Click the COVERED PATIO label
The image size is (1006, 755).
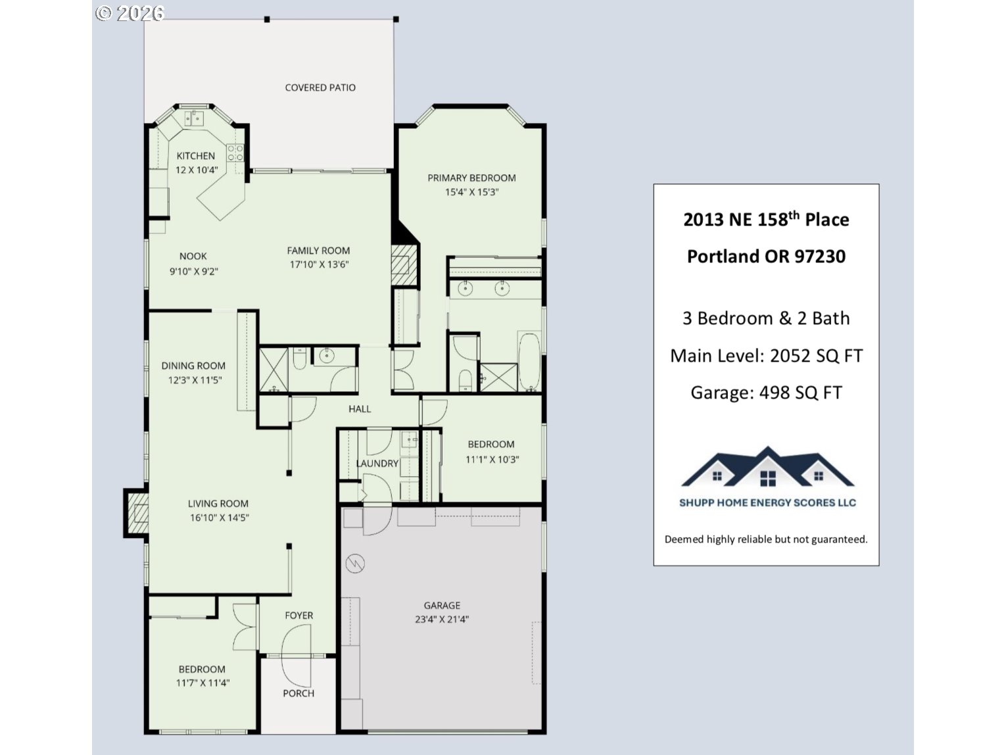[x=320, y=87]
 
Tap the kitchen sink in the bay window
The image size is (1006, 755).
[x=194, y=118]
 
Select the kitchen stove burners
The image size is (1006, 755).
[x=235, y=153]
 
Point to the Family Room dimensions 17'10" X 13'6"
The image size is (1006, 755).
[x=319, y=265]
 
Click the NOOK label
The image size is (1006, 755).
[x=193, y=256]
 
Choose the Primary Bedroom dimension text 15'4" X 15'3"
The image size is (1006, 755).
[x=471, y=193]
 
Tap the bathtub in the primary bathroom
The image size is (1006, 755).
[x=529, y=362]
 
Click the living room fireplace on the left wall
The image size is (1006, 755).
[x=137, y=513]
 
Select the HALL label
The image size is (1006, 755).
[x=360, y=409]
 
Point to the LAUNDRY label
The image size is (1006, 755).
[x=377, y=464]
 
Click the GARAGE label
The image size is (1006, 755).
[x=442, y=605]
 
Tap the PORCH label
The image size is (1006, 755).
[x=299, y=693]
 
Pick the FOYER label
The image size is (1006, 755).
[x=299, y=616]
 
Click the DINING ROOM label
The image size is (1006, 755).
[x=193, y=366]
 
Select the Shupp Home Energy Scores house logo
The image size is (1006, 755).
[x=767, y=468]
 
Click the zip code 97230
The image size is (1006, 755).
[x=820, y=256]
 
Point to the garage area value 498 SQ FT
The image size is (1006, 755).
[x=800, y=393]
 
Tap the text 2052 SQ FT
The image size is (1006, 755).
[x=816, y=356]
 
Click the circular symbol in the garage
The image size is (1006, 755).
[x=355, y=564]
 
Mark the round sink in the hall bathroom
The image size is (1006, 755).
[x=326, y=356]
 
